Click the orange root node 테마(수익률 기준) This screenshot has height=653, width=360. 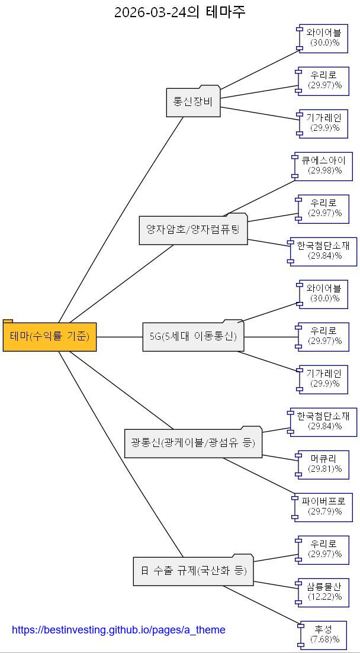50,336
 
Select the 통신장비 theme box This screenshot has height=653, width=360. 193,101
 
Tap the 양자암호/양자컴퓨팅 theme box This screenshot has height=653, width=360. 194,229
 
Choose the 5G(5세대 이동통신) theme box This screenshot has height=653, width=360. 194,336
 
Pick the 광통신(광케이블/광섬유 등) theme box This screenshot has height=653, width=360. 194,442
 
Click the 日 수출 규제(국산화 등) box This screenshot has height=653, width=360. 194,570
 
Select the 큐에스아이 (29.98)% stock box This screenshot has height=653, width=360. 322,166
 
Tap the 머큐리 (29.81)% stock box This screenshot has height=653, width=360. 322,464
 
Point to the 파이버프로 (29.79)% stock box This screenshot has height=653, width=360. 322,507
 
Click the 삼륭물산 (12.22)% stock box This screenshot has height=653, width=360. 322,592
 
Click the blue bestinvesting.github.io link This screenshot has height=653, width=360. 118,629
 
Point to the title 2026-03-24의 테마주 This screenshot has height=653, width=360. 180,12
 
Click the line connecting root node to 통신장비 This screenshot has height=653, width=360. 121,220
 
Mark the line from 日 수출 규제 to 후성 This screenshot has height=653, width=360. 261,606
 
